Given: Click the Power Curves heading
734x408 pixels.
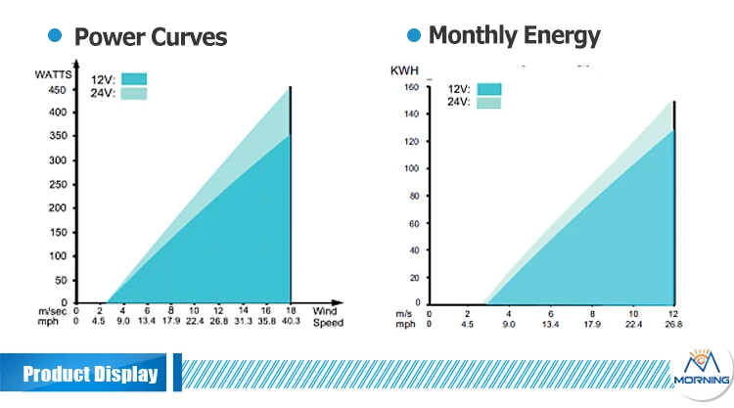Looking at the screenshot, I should pyautogui.click(x=151, y=37).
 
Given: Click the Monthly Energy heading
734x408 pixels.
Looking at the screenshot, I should pyautogui.click(x=514, y=35).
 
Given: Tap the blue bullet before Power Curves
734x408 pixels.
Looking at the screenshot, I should pyautogui.click(x=56, y=35).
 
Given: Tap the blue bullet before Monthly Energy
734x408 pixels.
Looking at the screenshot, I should pyautogui.click(x=413, y=35).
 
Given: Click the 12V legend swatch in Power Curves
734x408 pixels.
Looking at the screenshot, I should pyautogui.click(x=134, y=79).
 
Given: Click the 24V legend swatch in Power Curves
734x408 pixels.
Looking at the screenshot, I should pyautogui.click(x=134, y=93).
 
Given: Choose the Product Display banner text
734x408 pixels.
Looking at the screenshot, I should pyautogui.click(x=90, y=374).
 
